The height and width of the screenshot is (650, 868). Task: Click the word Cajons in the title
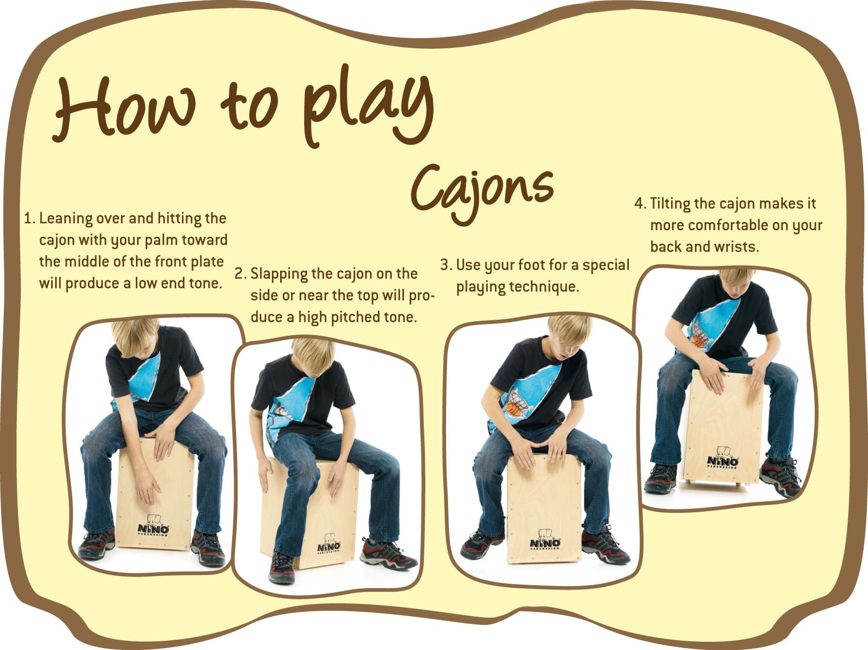pos(482,191)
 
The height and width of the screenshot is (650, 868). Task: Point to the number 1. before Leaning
pos(30,218)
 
